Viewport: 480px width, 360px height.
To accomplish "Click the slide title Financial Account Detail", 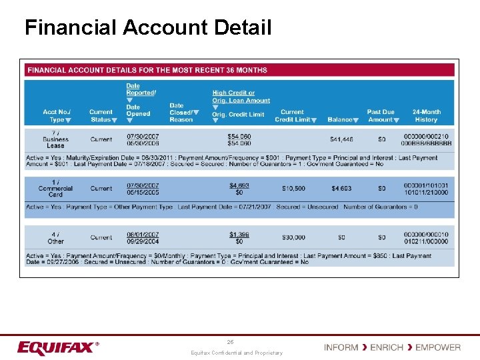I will [x=148, y=27].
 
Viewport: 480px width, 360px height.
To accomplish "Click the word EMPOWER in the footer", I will [x=437, y=347].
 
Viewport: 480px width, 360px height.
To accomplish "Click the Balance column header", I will [x=341, y=120].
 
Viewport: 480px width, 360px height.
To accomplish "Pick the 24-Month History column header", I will [x=426, y=116].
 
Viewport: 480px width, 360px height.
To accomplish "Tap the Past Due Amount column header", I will [x=381, y=116].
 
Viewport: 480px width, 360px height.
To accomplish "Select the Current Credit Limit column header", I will [x=292, y=116].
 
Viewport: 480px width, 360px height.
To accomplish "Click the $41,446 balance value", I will [x=341, y=139].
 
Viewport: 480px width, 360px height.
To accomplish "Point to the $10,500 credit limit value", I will [x=293, y=189].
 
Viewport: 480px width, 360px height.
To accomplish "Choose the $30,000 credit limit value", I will [x=293, y=237].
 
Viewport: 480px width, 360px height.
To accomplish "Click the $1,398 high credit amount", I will [x=239, y=234].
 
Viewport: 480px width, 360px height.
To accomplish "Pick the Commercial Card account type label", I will [x=56, y=189].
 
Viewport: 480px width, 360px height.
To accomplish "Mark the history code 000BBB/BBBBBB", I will [x=426, y=143].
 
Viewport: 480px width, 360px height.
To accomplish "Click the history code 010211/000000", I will [x=426, y=241].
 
